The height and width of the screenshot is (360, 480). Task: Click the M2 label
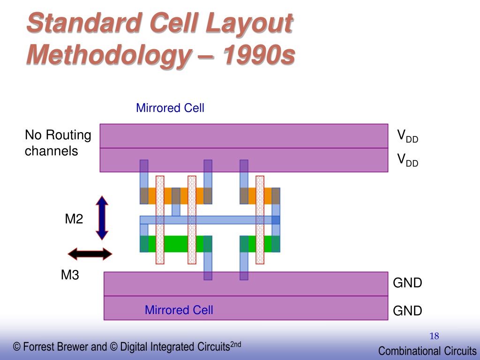pos(74,219)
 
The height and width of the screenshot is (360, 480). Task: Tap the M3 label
pos(70,275)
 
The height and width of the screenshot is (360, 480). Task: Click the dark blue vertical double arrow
pos(102,218)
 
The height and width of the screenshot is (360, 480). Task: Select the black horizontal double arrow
pos(90,254)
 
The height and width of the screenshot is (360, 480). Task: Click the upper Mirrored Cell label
pos(170,108)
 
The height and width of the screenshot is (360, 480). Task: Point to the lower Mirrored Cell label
pos(179,310)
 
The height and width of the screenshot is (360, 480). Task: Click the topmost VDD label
pos(407,136)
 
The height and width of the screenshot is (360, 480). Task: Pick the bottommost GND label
pos(407,311)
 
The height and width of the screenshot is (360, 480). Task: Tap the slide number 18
pos(434,336)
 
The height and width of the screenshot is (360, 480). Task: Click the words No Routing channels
pos(58,143)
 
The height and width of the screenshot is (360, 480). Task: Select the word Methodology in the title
pos(109,55)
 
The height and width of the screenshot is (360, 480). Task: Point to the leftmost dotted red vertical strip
pos(160,220)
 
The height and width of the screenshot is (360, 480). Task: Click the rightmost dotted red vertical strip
pos(260,220)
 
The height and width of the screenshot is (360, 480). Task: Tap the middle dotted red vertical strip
pos(192,220)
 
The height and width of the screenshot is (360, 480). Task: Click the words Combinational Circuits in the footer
pos(427,351)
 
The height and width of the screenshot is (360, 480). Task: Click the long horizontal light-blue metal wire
pos(210,220)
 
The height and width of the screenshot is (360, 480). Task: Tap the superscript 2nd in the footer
pos(235,344)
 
